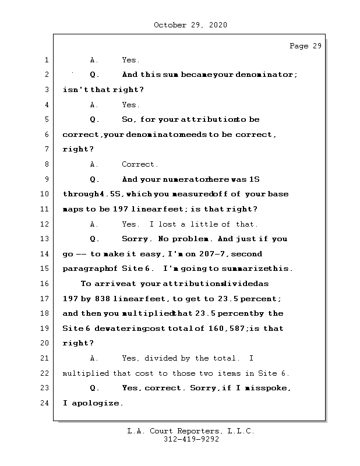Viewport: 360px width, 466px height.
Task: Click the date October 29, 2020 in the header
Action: coord(190,25)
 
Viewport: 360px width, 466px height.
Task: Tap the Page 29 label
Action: coord(305,46)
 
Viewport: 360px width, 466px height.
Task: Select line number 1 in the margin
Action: coord(46,60)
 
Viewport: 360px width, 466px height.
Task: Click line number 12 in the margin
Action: coord(45,224)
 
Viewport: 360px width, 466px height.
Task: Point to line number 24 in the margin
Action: coord(45,403)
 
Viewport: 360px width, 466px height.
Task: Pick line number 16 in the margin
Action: coord(45,284)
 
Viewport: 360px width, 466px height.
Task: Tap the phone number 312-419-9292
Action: coord(190,440)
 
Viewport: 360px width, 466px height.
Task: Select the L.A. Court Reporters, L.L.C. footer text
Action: coord(190,431)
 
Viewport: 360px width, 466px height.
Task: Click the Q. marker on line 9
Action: coord(94,179)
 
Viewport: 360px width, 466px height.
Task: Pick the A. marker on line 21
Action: coord(94,358)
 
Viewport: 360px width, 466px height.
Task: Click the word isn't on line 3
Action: coord(75,90)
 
